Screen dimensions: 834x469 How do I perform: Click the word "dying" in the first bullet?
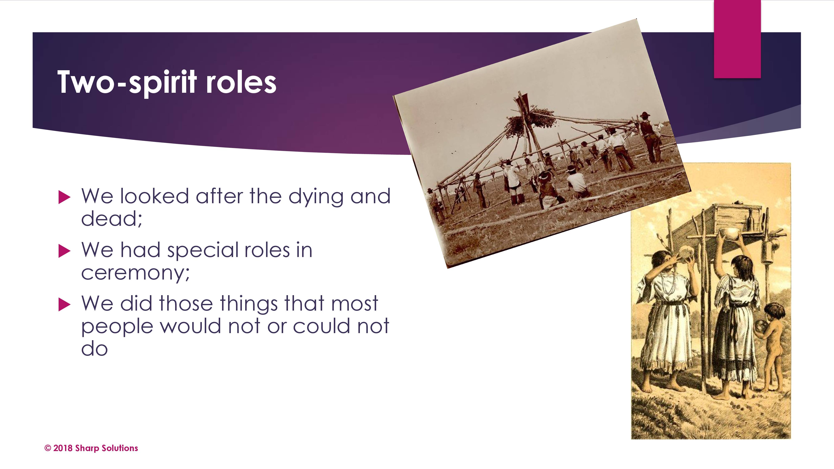click(x=316, y=197)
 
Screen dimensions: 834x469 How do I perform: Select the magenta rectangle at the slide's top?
click(x=737, y=39)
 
